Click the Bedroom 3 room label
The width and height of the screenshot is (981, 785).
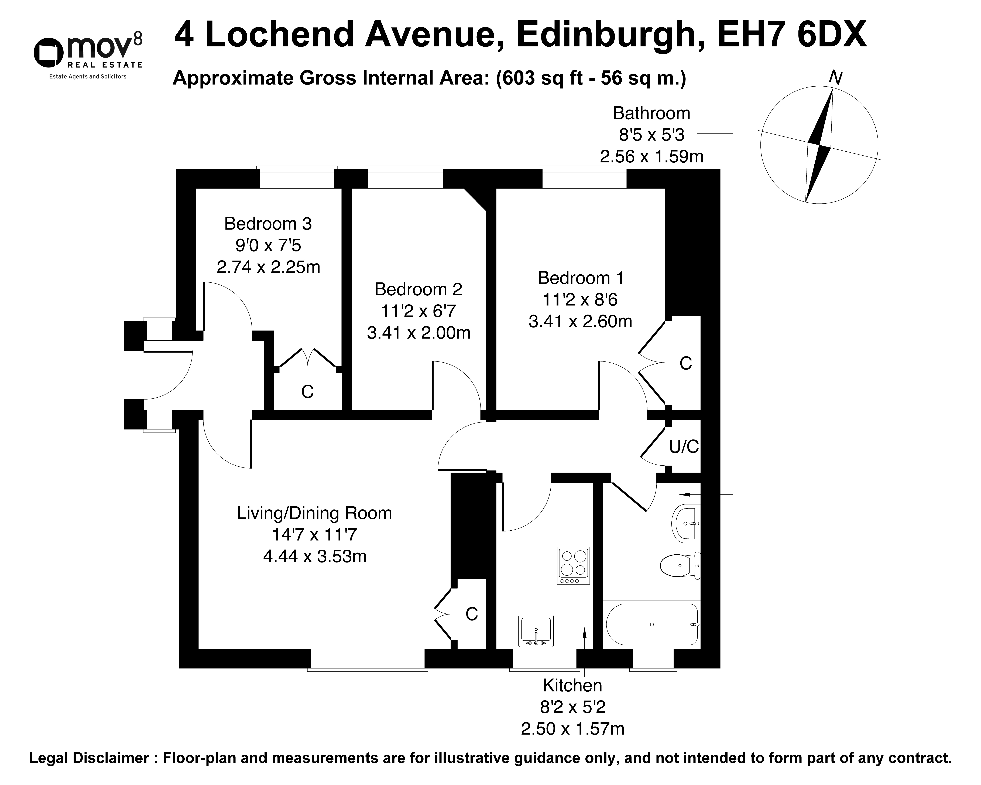[x=268, y=224]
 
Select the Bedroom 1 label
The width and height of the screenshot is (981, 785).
[x=581, y=278]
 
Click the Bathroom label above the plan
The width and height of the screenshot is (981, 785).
[x=651, y=113]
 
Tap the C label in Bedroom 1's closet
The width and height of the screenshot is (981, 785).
[x=686, y=363]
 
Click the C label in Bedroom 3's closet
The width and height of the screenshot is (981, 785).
[x=308, y=391]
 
